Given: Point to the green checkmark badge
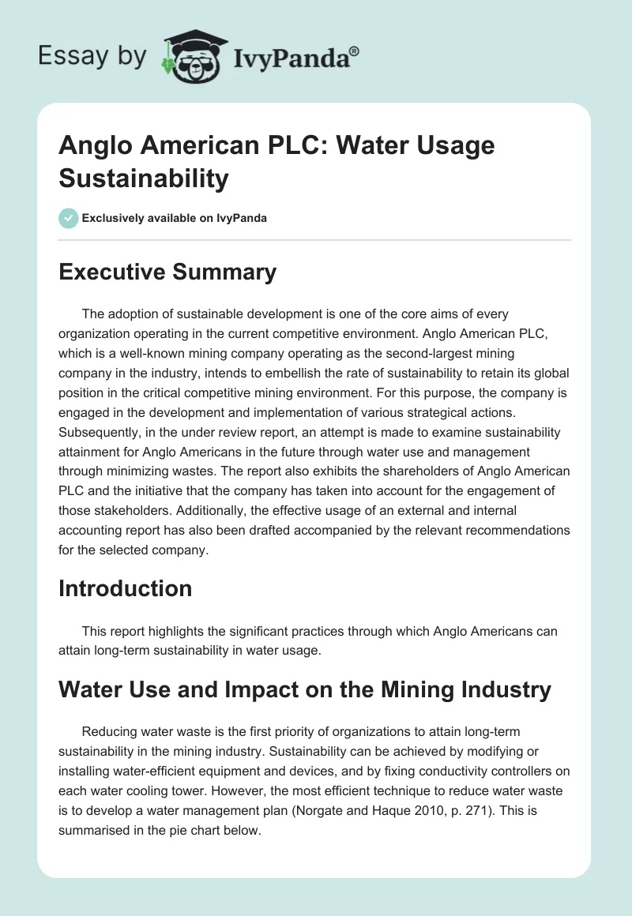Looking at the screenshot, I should (69, 218).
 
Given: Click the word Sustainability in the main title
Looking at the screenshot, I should (144, 178).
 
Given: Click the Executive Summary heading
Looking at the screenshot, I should (167, 272).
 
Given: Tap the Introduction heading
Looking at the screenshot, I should (125, 588).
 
